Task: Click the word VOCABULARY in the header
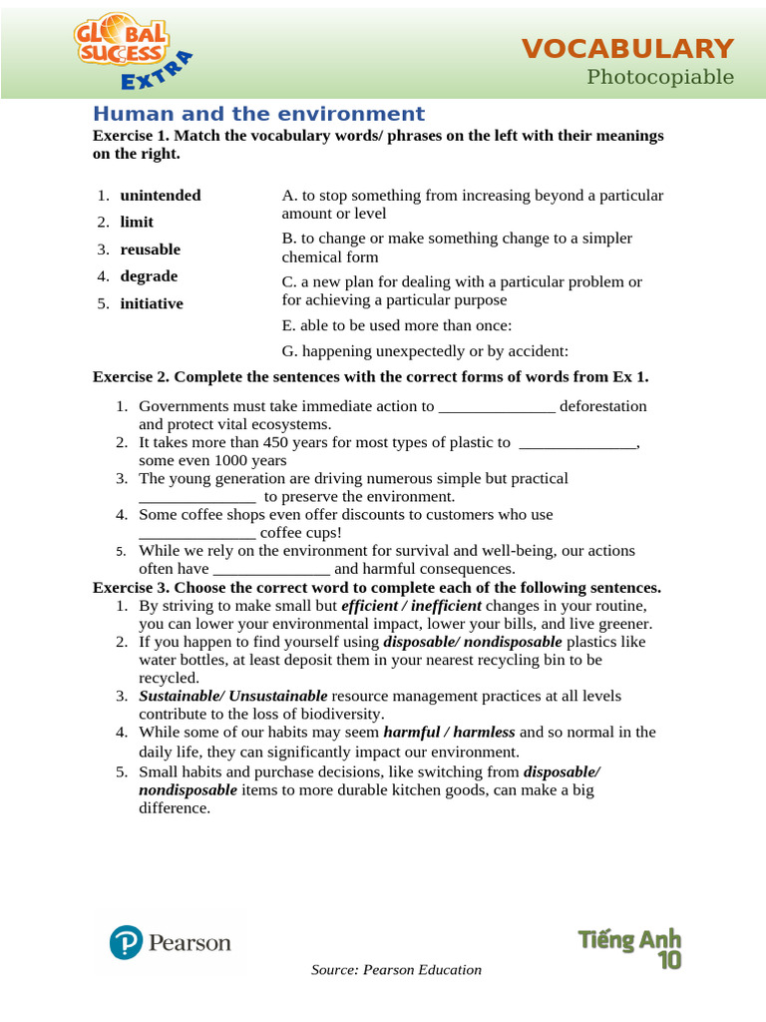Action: [x=628, y=48]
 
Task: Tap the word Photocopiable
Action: [x=660, y=77]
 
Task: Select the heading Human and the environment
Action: [x=258, y=114]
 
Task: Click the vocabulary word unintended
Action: [x=160, y=196]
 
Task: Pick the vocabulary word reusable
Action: [x=150, y=250]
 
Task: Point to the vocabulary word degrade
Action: [x=149, y=276]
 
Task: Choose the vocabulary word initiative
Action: [x=152, y=303]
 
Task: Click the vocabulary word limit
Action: [x=137, y=223]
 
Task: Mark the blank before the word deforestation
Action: [x=497, y=407]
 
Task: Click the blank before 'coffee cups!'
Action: [x=196, y=533]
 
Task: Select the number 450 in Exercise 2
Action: [x=271, y=442]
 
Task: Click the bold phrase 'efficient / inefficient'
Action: [x=411, y=606]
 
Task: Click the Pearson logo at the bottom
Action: [x=171, y=942]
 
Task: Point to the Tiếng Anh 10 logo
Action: [x=630, y=947]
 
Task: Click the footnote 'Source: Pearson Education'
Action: [x=396, y=970]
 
